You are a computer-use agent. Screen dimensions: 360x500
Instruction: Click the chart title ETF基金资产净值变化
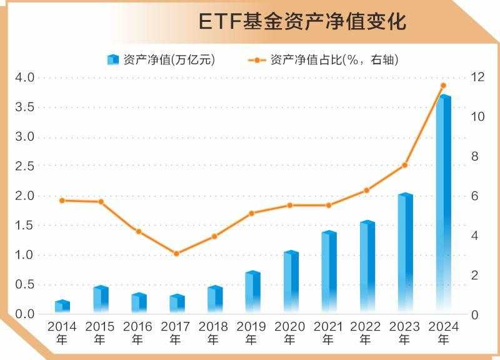pos(302,22)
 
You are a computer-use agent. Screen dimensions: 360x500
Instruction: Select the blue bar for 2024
pos(444,206)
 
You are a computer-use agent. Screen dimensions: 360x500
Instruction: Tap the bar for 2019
pos(252,292)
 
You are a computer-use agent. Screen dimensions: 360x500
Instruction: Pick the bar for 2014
pos(62,306)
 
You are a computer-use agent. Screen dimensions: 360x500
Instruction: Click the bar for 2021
pos(329,272)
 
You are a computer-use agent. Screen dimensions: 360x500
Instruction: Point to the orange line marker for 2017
pos(176,253)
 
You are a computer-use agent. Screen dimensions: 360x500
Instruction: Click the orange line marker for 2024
pos(443,85)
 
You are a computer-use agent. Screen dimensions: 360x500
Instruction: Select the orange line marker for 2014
pos(62,201)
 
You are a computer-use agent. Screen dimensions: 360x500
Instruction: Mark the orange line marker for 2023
pos(404,165)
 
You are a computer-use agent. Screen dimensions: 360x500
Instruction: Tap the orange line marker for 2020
pos(290,205)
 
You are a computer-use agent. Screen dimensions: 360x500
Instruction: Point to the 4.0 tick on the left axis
pos(25,77)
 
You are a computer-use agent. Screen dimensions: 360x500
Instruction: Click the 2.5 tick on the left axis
pos(25,166)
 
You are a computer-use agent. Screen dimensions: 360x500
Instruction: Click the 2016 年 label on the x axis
pos(137,333)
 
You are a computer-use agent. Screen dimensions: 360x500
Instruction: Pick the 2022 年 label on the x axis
pos(366,333)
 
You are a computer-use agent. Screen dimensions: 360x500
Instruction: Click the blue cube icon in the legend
pos(112,60)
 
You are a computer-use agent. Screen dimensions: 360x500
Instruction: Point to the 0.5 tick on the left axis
pos(25,284)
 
